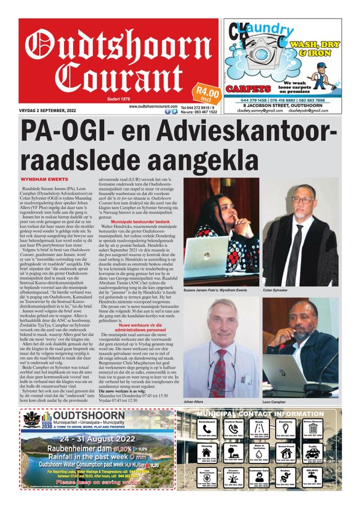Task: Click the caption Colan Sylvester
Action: (276, 290)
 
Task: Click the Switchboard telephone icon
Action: (206, 430)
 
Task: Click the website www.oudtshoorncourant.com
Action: (154, 106)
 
